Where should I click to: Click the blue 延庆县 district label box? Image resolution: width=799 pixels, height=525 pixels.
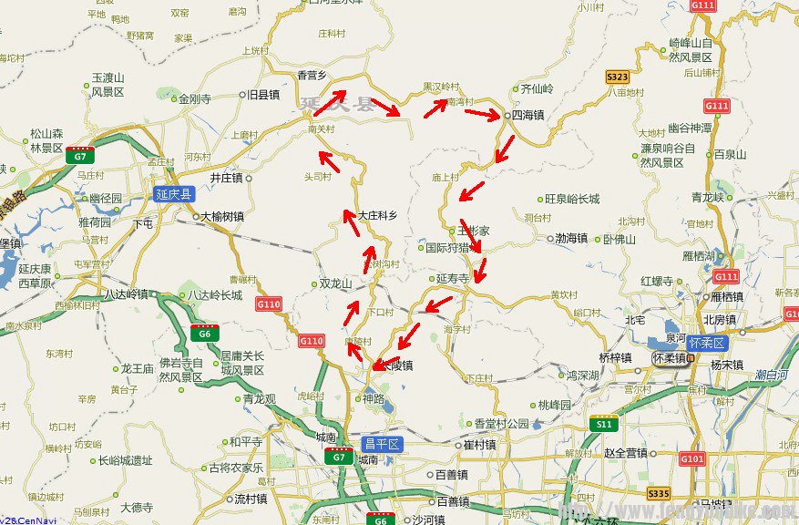pos(175,194)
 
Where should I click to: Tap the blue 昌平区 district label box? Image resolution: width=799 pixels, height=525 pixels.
pos(383,444)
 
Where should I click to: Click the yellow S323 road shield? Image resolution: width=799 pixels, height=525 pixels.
pos(618,77)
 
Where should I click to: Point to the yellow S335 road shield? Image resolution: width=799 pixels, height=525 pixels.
pos(659,493)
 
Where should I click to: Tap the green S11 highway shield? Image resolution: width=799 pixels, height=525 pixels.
pos(603,424)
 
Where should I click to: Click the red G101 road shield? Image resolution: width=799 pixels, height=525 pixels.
pos(692,458)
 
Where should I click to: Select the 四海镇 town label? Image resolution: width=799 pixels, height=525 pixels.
pos(528,116)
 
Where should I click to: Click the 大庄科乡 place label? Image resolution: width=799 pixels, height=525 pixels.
pos(377,216)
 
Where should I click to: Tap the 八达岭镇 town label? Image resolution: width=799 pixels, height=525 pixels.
pos(126,294)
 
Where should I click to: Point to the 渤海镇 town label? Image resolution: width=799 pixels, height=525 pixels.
pos(571,239)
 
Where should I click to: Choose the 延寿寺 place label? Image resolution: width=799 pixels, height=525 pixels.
pos(452,278)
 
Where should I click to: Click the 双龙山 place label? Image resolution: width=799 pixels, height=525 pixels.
pos(335,283)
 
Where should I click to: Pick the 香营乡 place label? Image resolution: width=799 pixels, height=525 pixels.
pos(313,75)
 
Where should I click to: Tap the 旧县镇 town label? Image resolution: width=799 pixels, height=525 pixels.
pos(264,94)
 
